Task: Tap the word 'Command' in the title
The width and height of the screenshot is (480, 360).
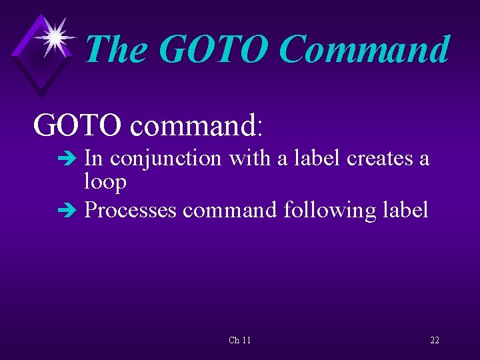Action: click(x=364, y=49)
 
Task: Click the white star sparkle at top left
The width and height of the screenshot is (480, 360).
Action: click(x=56, y=36)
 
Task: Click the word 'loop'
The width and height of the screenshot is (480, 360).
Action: click(x=105, y=182)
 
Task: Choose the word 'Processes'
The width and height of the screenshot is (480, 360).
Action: click(x=131, y=210)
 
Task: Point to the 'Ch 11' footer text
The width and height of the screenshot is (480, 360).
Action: click(x=239, y=340)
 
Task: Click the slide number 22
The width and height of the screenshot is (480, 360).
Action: click(x=434, y=340)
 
